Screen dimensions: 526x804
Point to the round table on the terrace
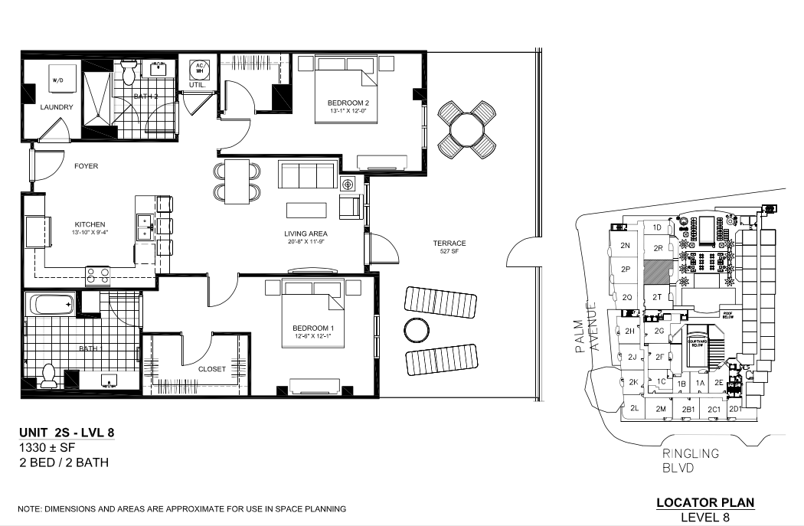click(x=467, y=130)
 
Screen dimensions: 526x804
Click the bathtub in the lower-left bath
click(x=51, y=305)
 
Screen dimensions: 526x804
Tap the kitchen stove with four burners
click(x=97, y=275)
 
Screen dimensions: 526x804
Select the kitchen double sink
click(x=145, y=227)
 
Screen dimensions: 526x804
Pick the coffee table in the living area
click(x=306, y=210)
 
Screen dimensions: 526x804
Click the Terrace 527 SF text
click(x=449, y=247)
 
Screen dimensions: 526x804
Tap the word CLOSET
click(x=212, y=369)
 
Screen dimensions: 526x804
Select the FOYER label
click(x=86, y=166)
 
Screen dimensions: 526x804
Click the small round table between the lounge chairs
click(x=417, y=330)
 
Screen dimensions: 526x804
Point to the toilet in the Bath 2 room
click(x=128, y=74)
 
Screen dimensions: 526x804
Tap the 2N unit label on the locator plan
click(x=625, y=246)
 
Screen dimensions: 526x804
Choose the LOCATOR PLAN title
click(x=705, y=503)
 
